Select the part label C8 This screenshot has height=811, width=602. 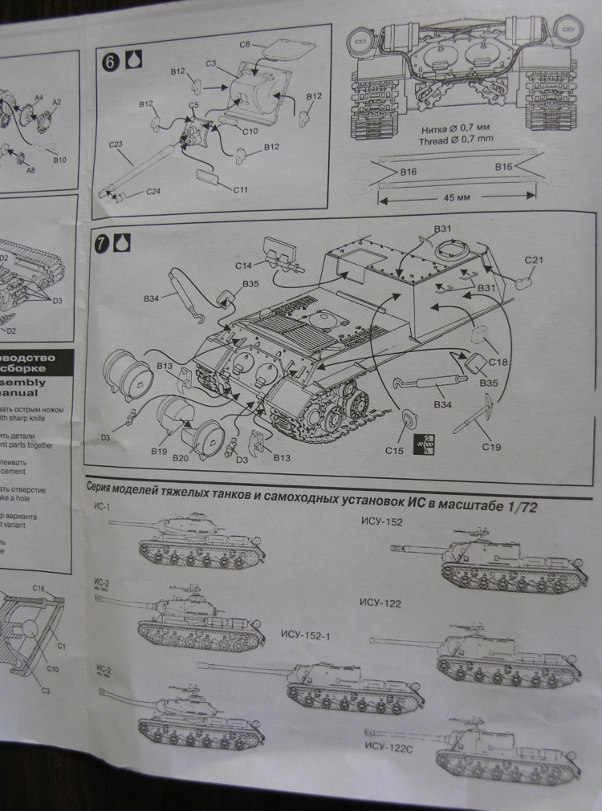[x=246, y=42]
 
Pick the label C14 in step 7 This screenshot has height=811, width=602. [x=244, y=264]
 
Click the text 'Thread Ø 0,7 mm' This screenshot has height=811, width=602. [x=457, y=139]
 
